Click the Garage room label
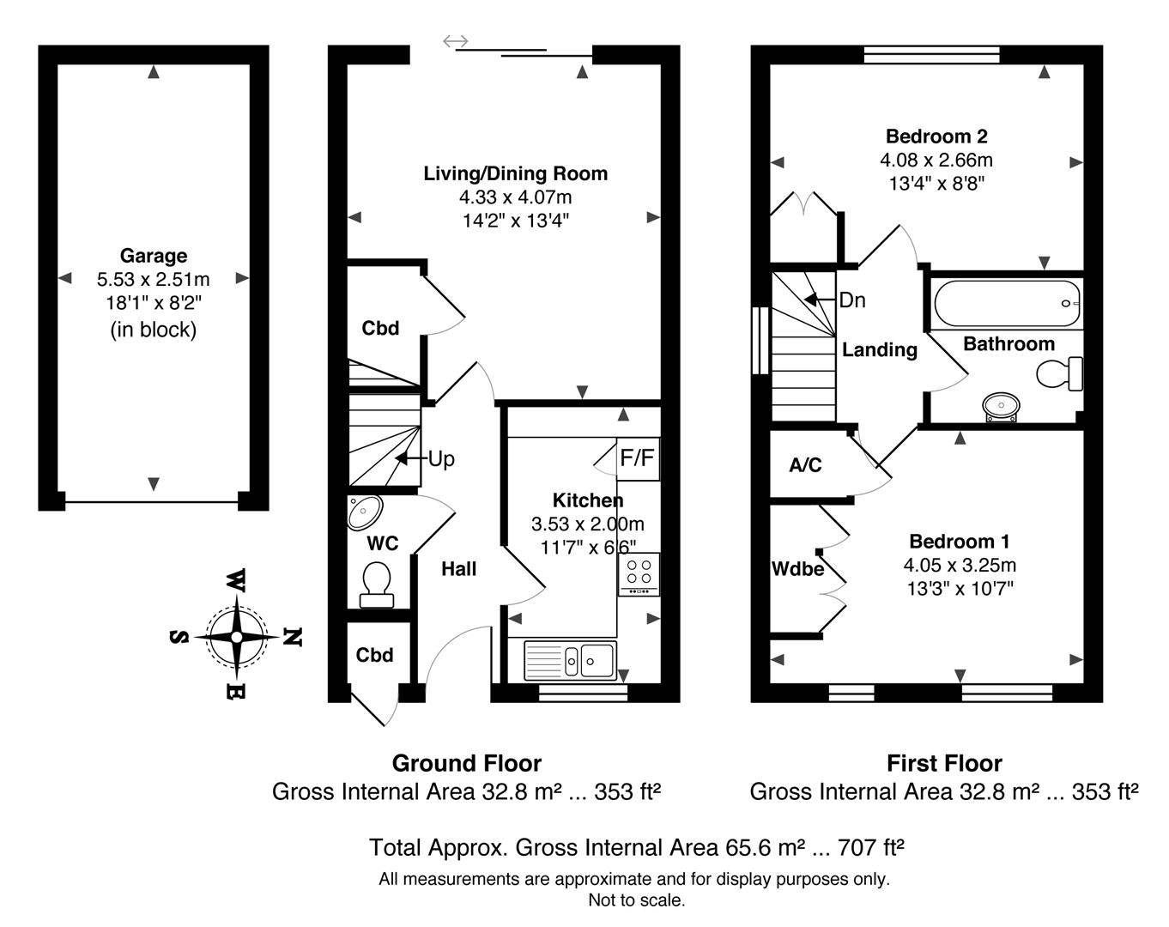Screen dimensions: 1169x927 tap(154, 256)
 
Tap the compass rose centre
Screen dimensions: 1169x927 tap(237, 637)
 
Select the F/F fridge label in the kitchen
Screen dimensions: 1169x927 tap(637, 458)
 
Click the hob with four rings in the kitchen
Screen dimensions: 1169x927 tap(639, 573)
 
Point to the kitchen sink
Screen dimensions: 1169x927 tap(570, 661)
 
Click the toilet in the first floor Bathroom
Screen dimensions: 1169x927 tap(1060, 374)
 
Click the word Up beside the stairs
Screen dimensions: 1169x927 tap(441, 459)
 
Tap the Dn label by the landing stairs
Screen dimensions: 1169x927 tap(852, 300)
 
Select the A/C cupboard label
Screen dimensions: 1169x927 tap(805, 465)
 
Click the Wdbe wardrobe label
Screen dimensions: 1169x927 tap(797, 569)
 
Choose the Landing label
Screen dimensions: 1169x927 tap(879, 350)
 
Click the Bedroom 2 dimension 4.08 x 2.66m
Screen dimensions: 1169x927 tap(936, 160)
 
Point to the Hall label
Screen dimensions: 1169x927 tap(459, 568)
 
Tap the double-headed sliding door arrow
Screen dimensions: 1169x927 tap(456, 41)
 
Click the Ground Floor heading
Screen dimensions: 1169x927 tap(467, 763)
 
